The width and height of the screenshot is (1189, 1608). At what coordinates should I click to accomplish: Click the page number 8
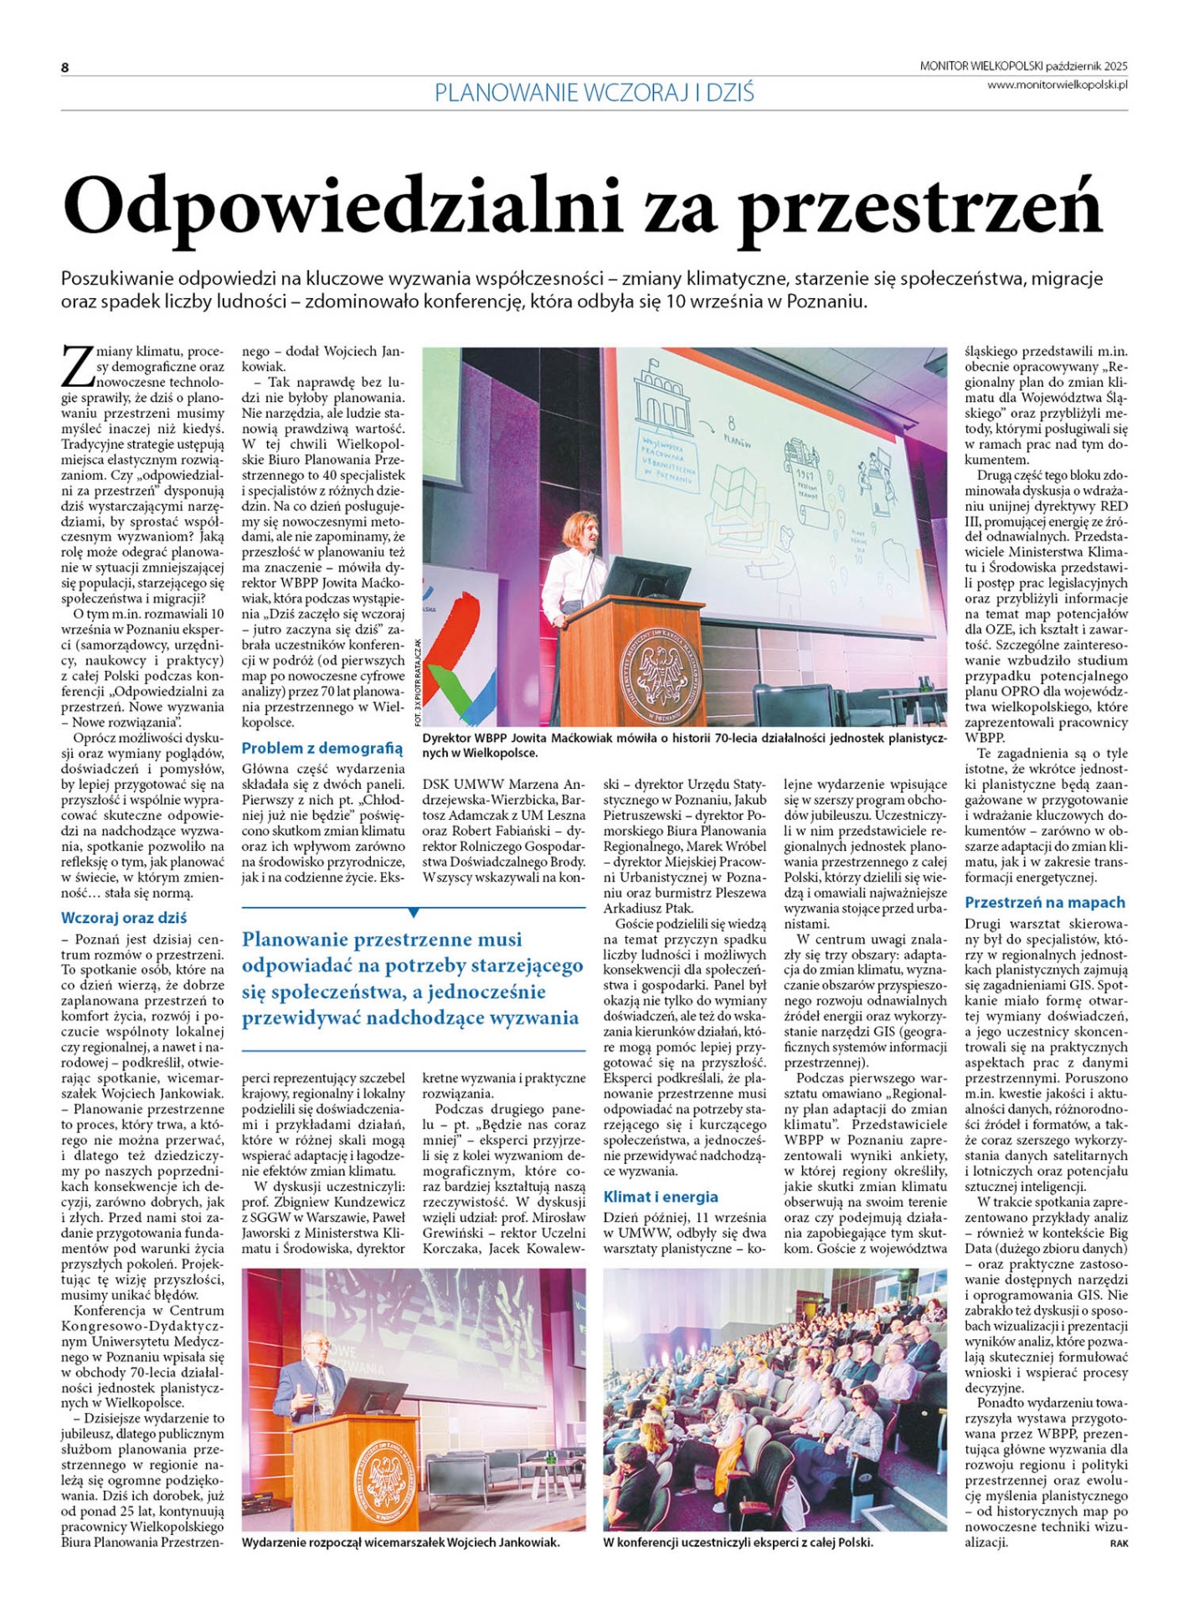(64, 68)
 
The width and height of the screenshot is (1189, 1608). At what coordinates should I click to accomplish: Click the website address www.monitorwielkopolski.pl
(1057, 85)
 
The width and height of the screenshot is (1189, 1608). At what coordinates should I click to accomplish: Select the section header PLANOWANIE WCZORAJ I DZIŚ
(594, 92)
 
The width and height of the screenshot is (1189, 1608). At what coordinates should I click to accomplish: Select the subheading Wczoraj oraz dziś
(124, 917)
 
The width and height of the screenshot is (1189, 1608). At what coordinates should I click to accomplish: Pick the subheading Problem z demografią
(322, 748)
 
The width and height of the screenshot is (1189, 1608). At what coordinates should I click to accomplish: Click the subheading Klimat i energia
(661, 1196)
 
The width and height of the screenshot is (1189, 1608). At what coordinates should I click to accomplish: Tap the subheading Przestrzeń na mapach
(1044, 902)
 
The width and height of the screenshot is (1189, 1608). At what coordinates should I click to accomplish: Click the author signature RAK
(1119, 1543)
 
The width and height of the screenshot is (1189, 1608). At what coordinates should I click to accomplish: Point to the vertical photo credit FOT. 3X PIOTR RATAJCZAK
(417, 683)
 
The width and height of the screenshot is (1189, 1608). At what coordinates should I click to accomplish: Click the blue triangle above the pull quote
(413, 912)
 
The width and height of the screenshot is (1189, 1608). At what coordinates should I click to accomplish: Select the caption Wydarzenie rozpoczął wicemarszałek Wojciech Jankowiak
(400, 1542)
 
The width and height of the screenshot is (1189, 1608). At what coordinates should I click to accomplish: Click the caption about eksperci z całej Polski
(738, 1542)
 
